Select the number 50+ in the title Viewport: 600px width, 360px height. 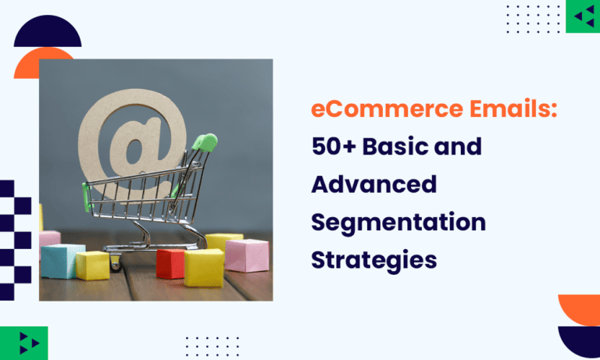click(334, 147)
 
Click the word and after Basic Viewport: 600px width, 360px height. click(464, 147)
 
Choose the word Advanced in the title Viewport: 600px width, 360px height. click(373, 185)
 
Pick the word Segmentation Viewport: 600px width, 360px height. click(398, 223)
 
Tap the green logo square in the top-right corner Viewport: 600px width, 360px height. click(583, 16)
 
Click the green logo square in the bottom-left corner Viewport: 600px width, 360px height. click(29, 343)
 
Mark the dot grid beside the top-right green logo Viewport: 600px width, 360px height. click(534, 16)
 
